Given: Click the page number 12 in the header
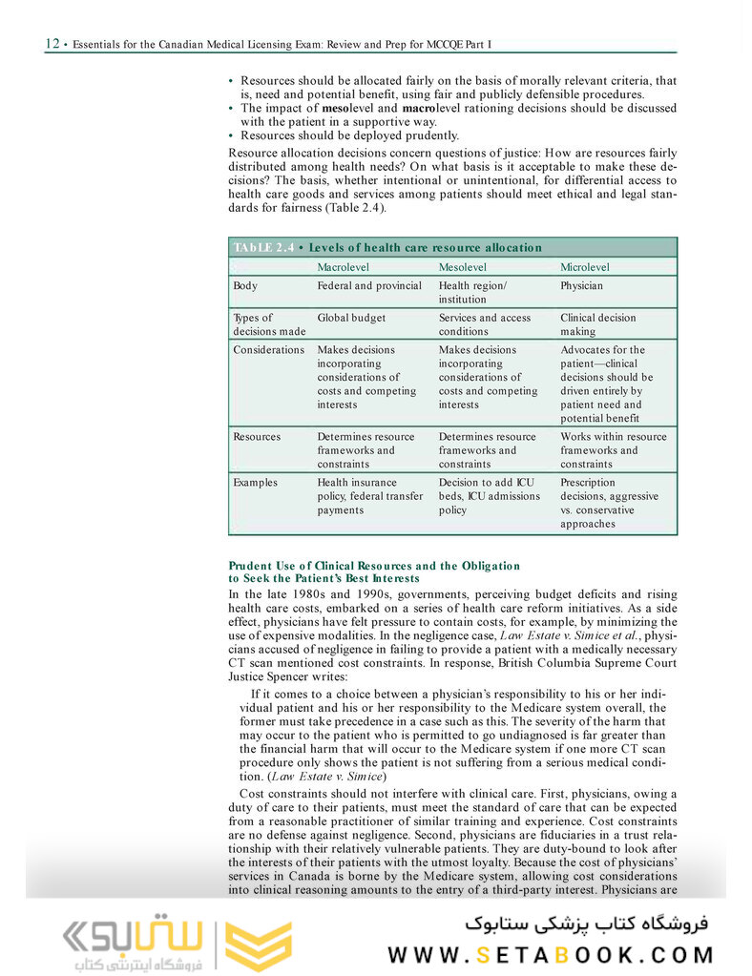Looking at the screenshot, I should click(x=52, y=44).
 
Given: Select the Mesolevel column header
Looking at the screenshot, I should click(x=462, y=267).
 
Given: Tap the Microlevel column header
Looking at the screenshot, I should click(x=584, y=267).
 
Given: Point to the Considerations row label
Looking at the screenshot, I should click(x=268, y=350).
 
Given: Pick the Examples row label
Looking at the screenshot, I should click(x=255, y=483).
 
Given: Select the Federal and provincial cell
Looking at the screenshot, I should click(x=368, y=285).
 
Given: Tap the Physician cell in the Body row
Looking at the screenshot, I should click(x=581, y=285).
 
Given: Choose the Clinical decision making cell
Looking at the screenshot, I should click(x=597, y=324).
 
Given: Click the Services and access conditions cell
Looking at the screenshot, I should click(x=484, y=324).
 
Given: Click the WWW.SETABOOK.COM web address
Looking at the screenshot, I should click(x=551, y=954).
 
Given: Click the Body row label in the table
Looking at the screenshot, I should click(x=245, y=285).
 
